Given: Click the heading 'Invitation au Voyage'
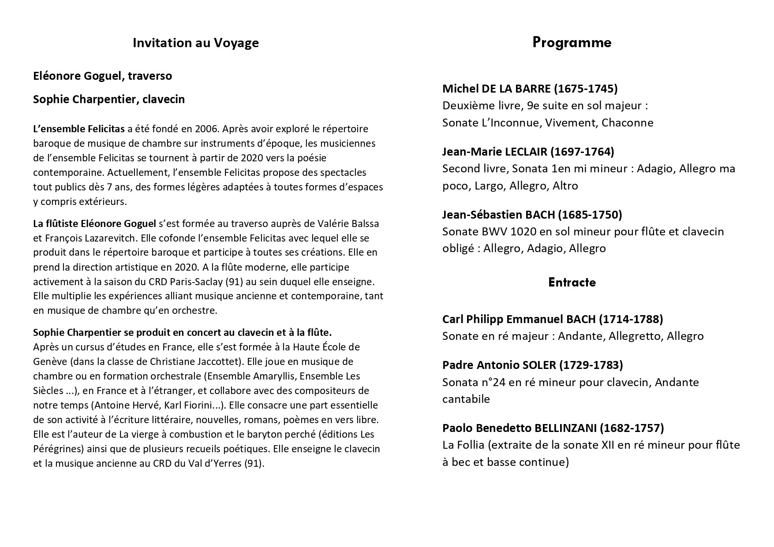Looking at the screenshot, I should click(195, 43).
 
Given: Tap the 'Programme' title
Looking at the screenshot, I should click(572, 43).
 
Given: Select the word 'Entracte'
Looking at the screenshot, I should click(572, 282).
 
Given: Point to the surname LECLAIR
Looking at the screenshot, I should click(527, 152).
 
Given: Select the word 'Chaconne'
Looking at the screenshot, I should click(628, 123).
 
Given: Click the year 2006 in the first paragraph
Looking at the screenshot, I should click(207, 129).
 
